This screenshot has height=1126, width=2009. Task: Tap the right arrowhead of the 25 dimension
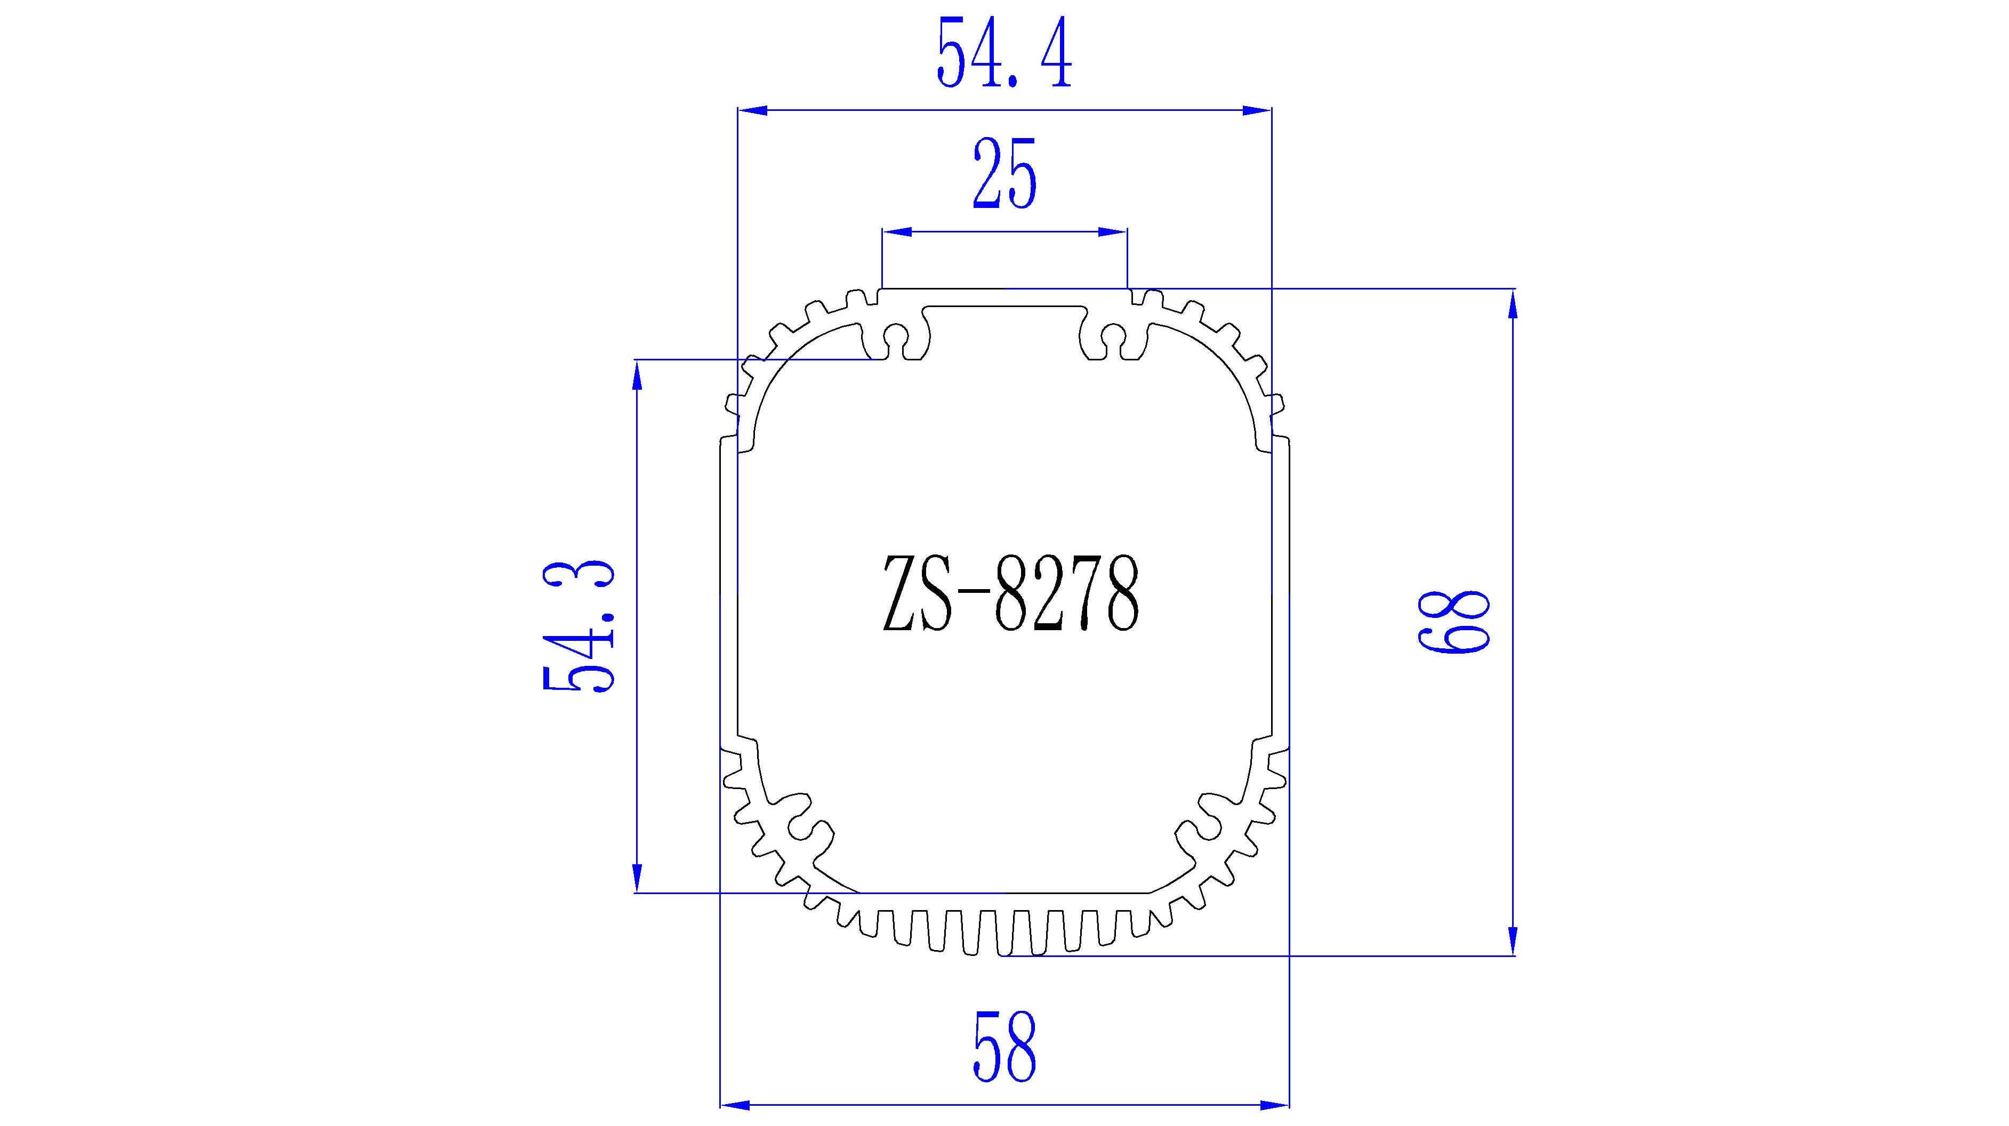click(1112, 231)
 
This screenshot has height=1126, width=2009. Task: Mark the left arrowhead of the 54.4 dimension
click(753, 111)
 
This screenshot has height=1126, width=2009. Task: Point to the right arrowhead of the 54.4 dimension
click(1256, 111)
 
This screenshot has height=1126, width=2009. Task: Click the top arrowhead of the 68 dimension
click(1513, 303)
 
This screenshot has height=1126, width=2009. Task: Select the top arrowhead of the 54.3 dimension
click(637, 375)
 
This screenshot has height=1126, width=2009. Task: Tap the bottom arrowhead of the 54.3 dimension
click(637, 876)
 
